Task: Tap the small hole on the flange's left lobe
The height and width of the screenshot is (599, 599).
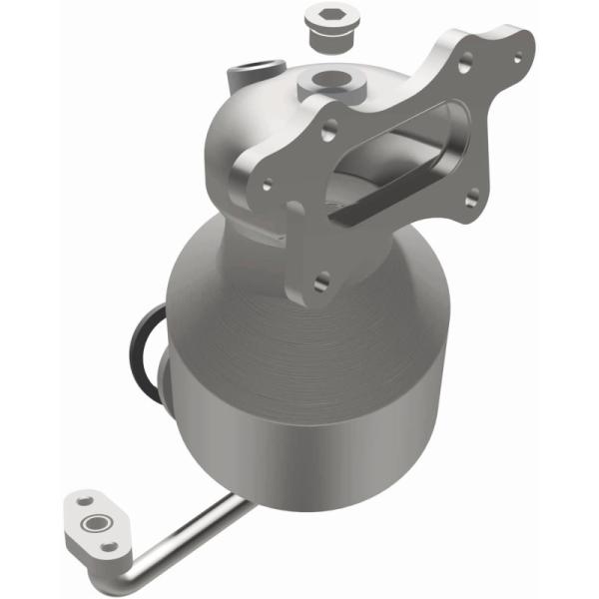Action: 268,186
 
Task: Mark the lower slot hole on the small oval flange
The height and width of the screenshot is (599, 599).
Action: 111,546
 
